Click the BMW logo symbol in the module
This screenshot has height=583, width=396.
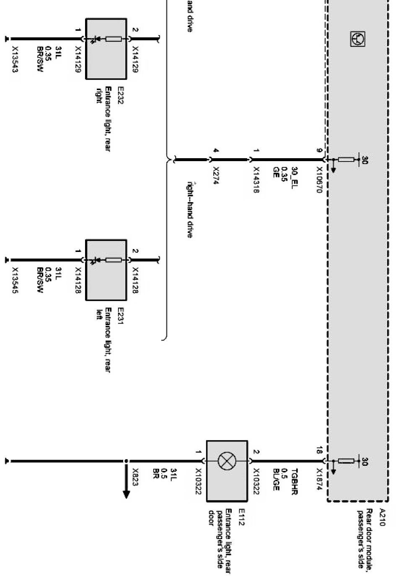[357, 39]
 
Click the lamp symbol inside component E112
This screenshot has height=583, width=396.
[227, 461]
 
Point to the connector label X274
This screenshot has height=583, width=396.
[216, 175]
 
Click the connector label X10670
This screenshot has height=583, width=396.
[319, 180]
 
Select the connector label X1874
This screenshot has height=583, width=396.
[319, 478]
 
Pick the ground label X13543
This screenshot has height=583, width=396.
[15, 59]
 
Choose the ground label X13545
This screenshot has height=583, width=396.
[15, 280]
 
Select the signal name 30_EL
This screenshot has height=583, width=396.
[294, 177]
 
